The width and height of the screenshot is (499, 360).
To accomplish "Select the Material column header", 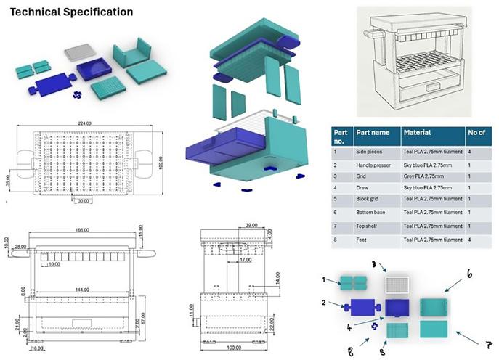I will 417,133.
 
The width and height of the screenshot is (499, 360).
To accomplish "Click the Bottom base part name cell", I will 372,211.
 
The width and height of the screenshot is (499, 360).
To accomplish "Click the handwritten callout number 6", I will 469,275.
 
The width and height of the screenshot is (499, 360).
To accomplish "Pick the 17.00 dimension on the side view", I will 247,259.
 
